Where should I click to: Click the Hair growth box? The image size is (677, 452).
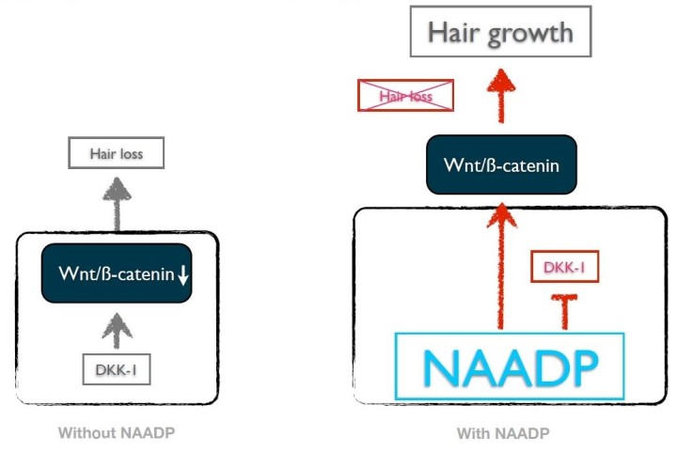(x=500, y=32)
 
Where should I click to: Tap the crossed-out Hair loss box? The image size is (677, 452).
(x=405, y=95)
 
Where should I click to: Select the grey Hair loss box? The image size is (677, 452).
(x=117, y=152)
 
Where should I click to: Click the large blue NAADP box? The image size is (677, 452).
(x=510, y=366)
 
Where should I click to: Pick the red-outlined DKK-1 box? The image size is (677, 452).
(x=564, y=267)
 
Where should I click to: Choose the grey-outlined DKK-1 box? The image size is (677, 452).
(x=117, y=369)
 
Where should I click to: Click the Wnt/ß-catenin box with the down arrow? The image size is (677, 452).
(x=117, y=273)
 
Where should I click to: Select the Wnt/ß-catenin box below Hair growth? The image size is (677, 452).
(x=501, y=164)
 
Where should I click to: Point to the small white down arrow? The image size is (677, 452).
(x=183, y=275)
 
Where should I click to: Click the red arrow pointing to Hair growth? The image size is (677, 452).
(x=501, y=96)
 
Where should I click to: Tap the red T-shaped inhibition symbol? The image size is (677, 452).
(x=564, y=311)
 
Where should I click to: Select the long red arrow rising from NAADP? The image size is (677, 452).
(x=501, y=267)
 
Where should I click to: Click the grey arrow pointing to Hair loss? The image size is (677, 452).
(x=117, y=204)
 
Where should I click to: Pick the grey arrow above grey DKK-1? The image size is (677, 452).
(x=117, y=331)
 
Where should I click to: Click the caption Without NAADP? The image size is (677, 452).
(x=117, y=432)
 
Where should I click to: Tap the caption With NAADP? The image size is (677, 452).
(x=503, y=433)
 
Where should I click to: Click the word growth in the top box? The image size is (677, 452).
(x=530, y=34)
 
